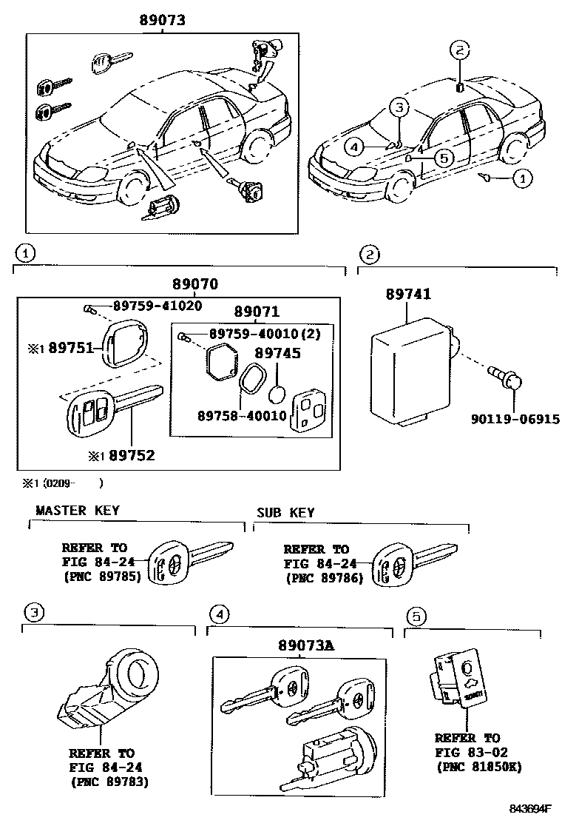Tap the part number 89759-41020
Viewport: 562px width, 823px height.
(157, 306)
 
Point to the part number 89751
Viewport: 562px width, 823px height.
(70, 347)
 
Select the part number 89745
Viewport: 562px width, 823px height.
(278, 354)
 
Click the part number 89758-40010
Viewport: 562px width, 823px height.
(242, 416)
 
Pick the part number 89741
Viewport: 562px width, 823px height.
(407, 295)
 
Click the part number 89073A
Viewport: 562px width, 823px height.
(306, 645)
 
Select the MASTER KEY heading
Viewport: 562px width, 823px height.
(77, 511)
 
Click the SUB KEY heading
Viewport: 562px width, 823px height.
(285, 512)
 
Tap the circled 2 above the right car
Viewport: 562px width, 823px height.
(459, 51)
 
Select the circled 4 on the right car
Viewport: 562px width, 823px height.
(355, 147)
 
